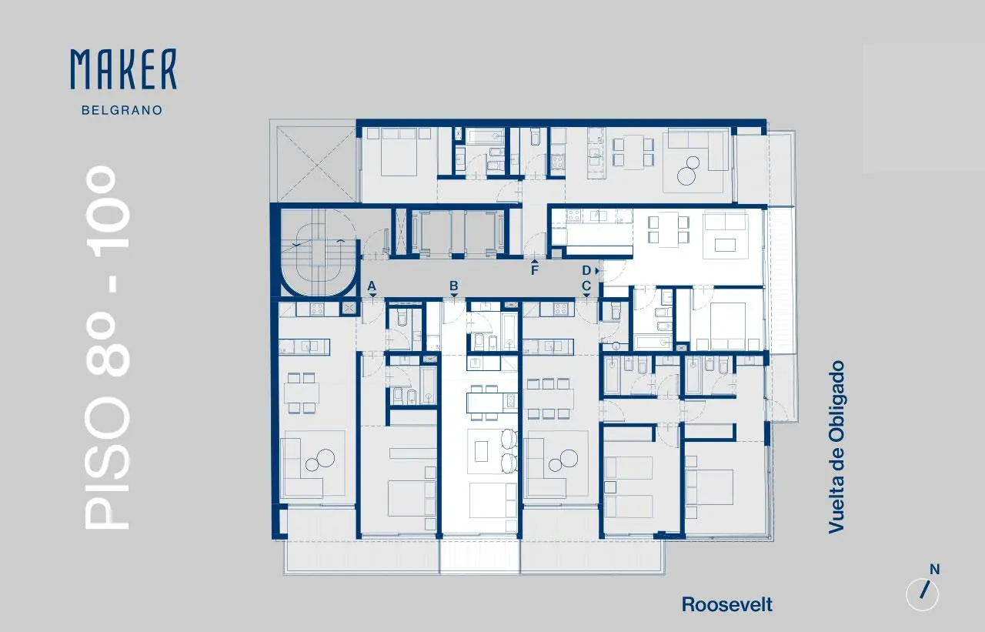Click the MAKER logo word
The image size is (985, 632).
tap(124, 69)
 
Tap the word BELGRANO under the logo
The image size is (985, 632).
tap(122, 110)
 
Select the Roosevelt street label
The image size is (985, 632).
tap(727, 605)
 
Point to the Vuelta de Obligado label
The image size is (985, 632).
tap(836, 447)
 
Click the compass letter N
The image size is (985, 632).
tap(934, 570)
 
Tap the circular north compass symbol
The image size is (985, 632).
tap(923, 594)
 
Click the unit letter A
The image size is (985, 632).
tap(372, 286)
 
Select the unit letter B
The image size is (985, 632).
tap(454, 286)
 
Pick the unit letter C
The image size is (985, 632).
tap(586, 286)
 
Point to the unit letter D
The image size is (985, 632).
tap(586, 270)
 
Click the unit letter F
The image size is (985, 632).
tap(535, 270)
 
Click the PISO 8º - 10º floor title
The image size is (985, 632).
tap(107, 347)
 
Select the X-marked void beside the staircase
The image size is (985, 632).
tap(316, 165)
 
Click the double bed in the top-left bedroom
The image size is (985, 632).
tap(399, 152)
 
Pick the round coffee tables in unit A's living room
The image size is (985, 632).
tap(320, 460)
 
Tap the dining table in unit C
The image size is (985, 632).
tap(549, 399)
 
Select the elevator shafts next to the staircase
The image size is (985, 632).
tap(457, 232)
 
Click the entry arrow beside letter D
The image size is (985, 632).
tap(597, 270)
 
